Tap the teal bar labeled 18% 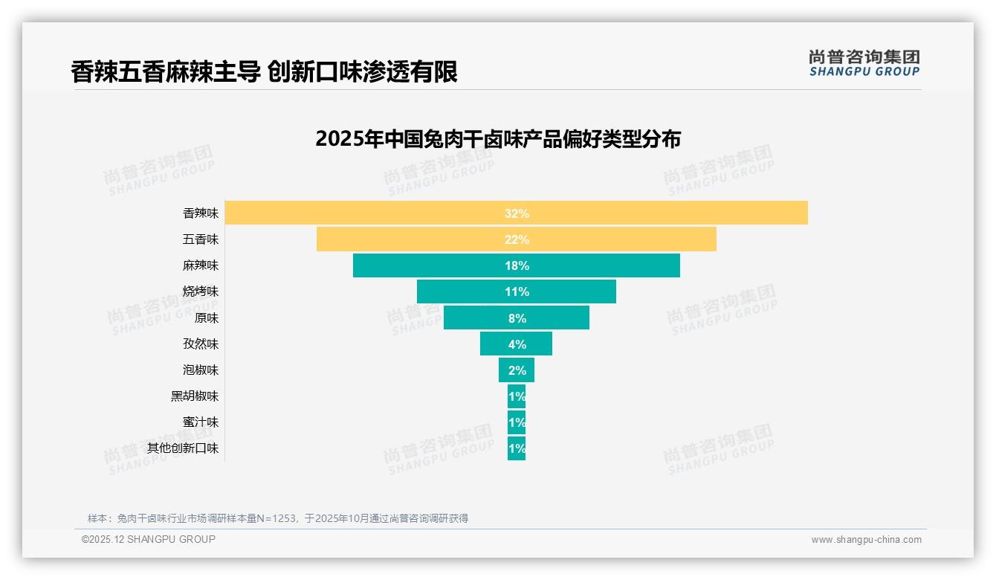(516, 265)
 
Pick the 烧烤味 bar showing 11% (516, 291)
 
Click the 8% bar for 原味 (516, 318)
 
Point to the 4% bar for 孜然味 (516, 344)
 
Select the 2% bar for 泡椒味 (516, 370)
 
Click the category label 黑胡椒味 (195, 396)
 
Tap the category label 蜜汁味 (201, 422)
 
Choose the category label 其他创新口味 (183, 448)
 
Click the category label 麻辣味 (201, 265)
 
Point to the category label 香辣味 (201, 213)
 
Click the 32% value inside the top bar (517, 213)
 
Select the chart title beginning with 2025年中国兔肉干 (497, 139)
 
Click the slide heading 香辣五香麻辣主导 (264, 71)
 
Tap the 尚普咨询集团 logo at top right (864, 63)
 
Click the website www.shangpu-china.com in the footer (866, 540)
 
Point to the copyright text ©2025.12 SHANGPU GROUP (149, 539)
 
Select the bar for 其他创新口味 (516, 448)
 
